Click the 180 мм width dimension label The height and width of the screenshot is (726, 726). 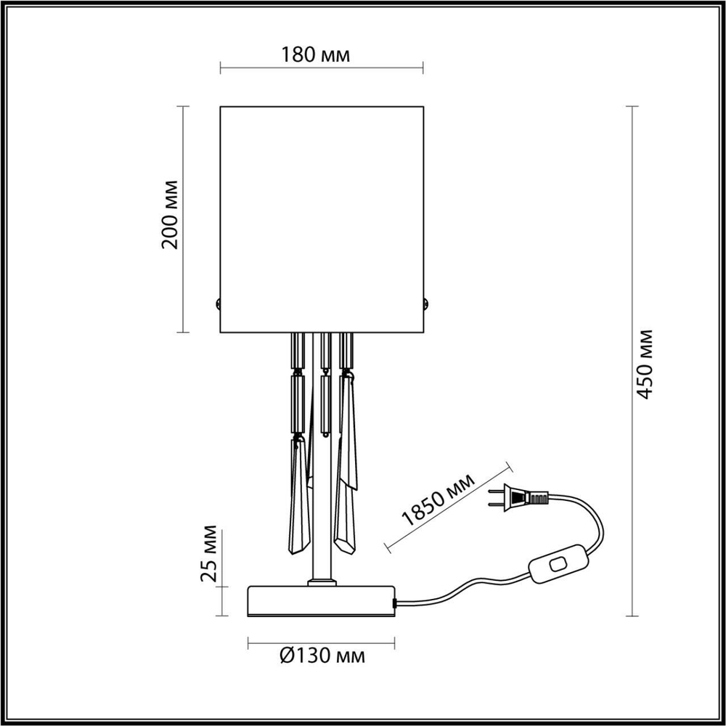pyautogui.click(x=321, y=55)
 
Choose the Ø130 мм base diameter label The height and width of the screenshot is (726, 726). pyautogui.click(x=322, y=657)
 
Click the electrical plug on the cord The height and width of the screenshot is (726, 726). pyautogui.click(x=518, y=498)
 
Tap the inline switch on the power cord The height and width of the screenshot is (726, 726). pyautogui.click(x=558, y=565)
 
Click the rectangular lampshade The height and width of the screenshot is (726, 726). pyautogui.click(x=321, y=218)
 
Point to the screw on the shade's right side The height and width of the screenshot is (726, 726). pyautogui.click(x=426, y=304)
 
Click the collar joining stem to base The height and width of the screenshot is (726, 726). pyautogui.click(x=321, y=582)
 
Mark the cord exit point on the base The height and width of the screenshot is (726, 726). pyautogui.click(x=395, y=602)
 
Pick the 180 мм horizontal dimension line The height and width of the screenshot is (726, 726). pyautogui.click(x=321, y=70)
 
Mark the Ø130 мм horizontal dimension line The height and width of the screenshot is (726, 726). pyautogui.click(x=321, y=643)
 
